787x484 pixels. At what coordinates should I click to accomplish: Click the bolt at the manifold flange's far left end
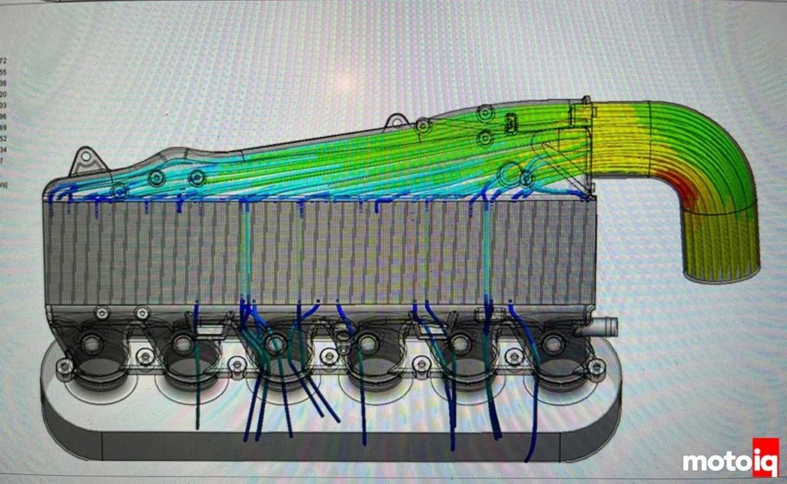(x=65, y=367)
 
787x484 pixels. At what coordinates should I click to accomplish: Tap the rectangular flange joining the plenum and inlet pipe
(x=582, y=115)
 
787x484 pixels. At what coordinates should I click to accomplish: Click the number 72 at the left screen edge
(x=5, y=59)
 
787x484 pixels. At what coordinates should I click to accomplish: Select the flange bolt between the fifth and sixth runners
(x=512, y=356)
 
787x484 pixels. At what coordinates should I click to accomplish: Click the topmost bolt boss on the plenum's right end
(x=484, y=114)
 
